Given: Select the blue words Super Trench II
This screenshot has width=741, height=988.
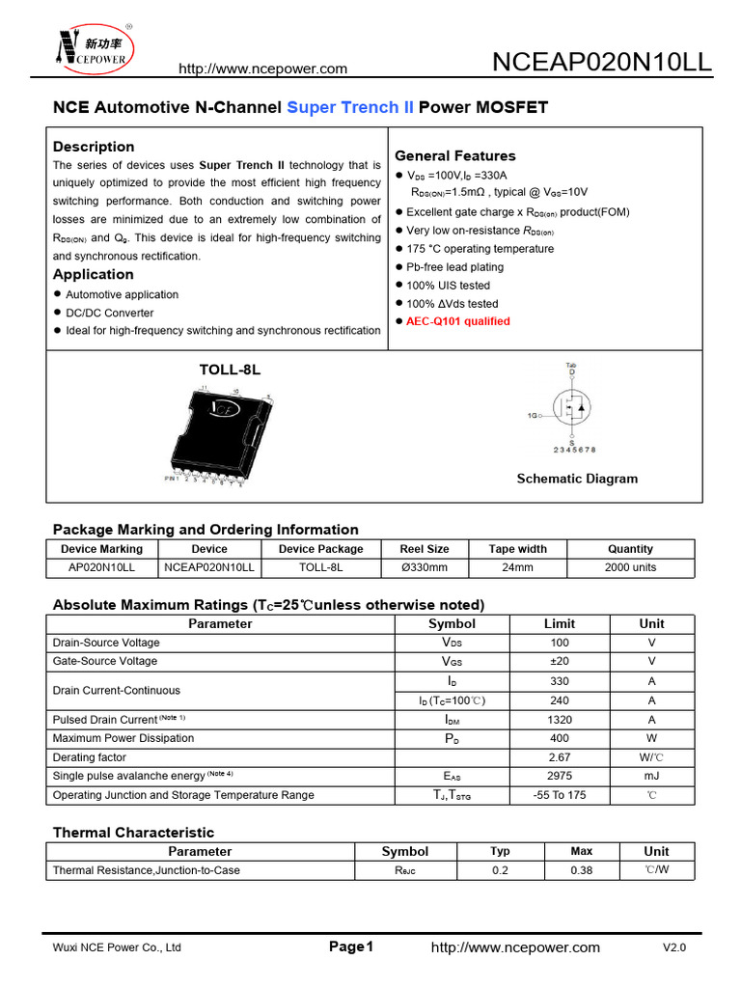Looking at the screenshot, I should [x=350, y=107].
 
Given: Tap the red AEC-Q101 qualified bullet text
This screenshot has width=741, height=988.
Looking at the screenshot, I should [x=458, y=321].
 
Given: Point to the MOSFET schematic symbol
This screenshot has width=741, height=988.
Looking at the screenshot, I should [x=572, y=409].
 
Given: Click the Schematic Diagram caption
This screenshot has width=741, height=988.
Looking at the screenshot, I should [x=577, y=479].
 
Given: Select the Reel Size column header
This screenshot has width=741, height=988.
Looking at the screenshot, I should [x=425, y=549].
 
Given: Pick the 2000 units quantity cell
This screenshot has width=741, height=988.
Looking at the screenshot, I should [x=630, y=567].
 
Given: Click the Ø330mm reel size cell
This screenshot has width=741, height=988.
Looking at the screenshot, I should [x=425, y=567].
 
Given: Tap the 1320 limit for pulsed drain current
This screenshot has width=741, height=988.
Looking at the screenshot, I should [x=560, y=720].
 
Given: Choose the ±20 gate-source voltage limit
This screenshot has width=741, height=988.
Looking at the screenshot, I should [x=560, y=661].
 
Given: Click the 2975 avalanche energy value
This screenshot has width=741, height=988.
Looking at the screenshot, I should [x=560, y=776].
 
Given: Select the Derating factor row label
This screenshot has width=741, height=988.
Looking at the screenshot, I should [x=90, y=757].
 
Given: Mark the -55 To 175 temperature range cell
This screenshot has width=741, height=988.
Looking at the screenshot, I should [x=560, y=795].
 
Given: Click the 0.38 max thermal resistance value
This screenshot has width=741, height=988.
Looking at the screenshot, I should [x=581, y=870].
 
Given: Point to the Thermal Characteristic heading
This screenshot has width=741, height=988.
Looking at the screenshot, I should [x=133, y=833].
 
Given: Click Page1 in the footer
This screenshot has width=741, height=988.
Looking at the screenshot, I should [x=351, y=947].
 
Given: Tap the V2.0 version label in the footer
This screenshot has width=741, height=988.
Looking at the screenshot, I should [x=674, y=947].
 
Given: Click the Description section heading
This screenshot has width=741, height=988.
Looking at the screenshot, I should [x=94, y=147].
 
